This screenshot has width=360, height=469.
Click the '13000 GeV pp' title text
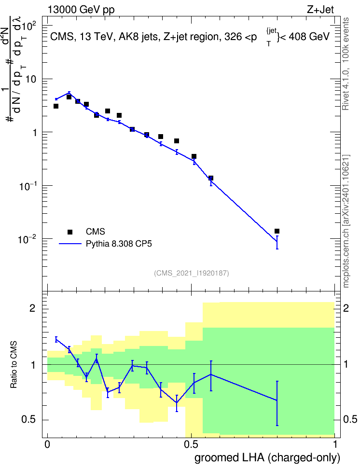(81, 10)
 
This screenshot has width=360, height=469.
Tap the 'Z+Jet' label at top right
(320, 10)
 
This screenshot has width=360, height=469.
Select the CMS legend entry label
(95, 232)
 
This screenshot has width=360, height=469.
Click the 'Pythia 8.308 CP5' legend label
(119, 244)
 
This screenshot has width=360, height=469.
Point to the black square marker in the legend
(70, 232)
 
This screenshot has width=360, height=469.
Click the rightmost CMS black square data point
(277, 231)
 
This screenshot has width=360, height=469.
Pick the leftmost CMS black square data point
(55, 106)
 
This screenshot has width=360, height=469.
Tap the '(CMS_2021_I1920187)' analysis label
(192, 273)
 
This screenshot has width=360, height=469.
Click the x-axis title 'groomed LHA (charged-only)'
(267, 458)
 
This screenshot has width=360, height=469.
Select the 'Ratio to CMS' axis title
(14, 365)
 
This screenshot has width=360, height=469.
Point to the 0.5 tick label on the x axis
(191, 444)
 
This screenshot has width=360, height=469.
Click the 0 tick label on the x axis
(47, 444)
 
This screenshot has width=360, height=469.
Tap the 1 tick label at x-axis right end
(335, 444)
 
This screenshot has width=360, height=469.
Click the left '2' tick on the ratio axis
(32, 308)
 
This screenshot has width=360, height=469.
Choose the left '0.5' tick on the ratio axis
(28, 419)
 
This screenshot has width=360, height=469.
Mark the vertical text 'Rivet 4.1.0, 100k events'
(346, 64)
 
